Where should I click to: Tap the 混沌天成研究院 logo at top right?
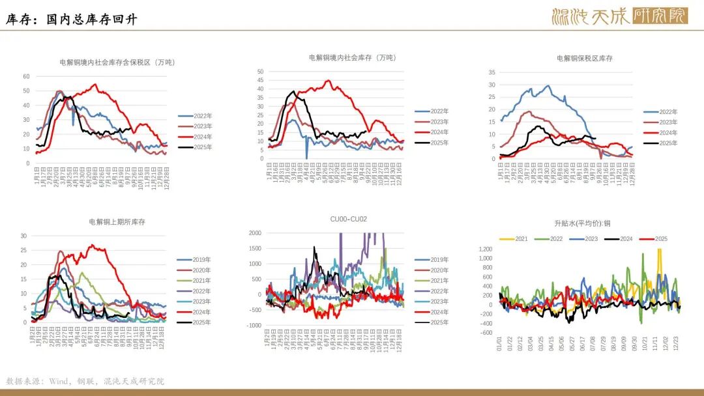(619, 16)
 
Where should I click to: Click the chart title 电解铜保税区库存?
(584, 59)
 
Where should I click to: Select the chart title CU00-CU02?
(349, 219)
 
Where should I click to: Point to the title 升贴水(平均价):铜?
(582, 223)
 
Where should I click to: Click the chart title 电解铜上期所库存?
(117, 222)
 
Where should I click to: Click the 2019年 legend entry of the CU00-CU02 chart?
(439, 260)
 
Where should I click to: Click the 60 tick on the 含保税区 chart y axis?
(27, 76)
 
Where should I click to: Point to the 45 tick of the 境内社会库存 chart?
(260, 80)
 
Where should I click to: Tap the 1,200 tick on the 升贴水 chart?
(486, 249)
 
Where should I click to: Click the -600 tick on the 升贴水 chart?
(486, 333)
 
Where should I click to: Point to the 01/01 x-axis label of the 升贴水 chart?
(500, 344)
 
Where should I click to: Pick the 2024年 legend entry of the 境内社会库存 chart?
(439, 132)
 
